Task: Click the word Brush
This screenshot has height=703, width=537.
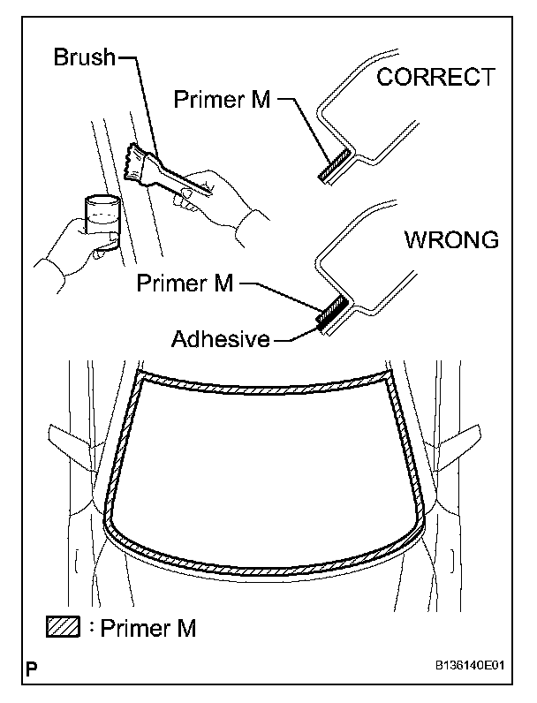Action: click(x=84, y=59)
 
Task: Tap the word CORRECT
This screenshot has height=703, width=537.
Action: click(x=435, y=78)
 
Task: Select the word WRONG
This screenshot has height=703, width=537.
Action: click(x=450, y=241)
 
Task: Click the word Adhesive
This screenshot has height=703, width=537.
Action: click(x=220, y=338)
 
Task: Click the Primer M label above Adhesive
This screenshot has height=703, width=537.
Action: click(x=185, y=284)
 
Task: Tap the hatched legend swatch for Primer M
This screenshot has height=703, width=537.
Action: click(x=63, y=628)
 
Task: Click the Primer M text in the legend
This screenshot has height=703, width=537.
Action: click(x=148, y=629)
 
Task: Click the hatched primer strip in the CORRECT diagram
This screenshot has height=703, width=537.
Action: click(x=331, y=165)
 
